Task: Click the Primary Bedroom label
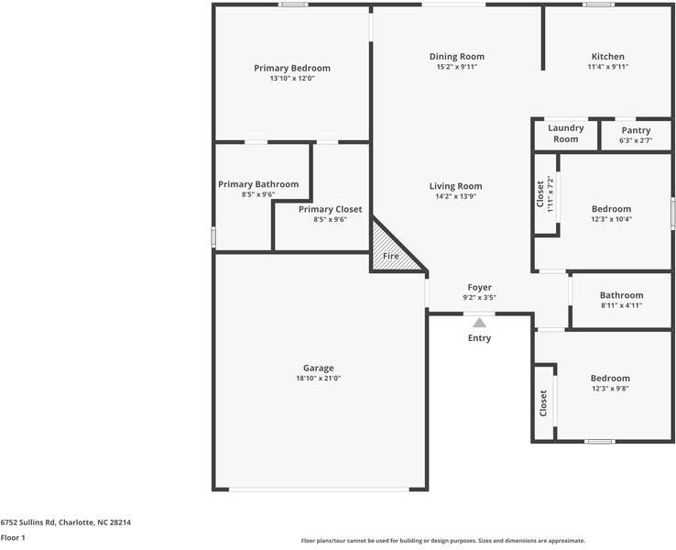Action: click(x=291, y=68)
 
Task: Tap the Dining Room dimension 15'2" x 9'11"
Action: click(x=456, y=67)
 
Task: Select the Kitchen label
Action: click(x=607, y=57)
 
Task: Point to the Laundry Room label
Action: click(x=565, y=134)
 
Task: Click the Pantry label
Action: click(x=635, y=130)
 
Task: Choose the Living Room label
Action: click(x=455, y=186)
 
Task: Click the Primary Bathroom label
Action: click(x=258, y=184)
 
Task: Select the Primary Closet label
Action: click(x=330, y=209)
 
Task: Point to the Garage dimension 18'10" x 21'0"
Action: click(x=318, y=378)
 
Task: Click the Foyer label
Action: click(x=479, y=287)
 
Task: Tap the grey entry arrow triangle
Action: click(x=479, y=322)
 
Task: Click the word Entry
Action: click(x=479, y=338)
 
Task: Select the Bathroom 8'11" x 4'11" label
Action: click(x=621, y=295)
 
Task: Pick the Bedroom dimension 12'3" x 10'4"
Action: click(x=610, y=218)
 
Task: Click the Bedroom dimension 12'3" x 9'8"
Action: click(x=609, y=388)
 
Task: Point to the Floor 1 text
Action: click(x=13, y=537)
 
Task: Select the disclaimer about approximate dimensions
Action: click(x=442, y=541)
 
